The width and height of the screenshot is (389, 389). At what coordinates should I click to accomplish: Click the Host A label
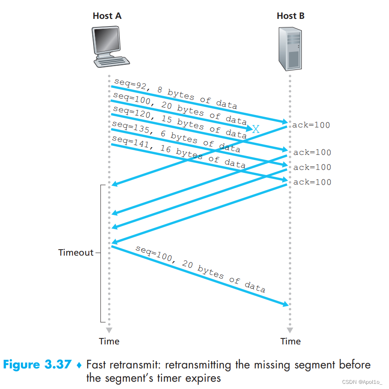coord(107,16)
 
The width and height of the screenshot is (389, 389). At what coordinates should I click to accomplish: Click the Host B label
coord(290,16)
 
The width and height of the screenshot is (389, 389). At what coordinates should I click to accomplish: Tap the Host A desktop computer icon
coord(110,47)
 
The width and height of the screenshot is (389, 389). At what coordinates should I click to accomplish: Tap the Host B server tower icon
coord(290,49)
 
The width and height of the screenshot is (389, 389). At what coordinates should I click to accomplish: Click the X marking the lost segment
coord(256,129)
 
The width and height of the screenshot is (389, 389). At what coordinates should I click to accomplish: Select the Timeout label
coord(76,253)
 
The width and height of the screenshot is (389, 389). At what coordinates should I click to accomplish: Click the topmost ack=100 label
coord(311,125)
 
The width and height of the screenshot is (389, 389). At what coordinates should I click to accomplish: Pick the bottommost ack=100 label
coord(312,182)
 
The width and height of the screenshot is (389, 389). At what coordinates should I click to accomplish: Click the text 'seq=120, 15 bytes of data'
coord(180,122)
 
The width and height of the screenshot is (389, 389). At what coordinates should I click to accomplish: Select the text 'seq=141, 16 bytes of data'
coord(179,152)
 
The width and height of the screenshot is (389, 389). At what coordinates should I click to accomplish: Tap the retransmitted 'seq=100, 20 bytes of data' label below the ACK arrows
coord(201,269)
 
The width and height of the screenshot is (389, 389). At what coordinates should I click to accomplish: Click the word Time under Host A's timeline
coord(109,341)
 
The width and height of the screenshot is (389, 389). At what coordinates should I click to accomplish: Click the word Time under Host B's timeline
coord(290,341)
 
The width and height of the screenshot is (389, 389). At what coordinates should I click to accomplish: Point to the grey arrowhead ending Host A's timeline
coord(109,330)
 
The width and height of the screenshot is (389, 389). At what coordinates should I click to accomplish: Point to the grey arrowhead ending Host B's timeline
coord(290,330)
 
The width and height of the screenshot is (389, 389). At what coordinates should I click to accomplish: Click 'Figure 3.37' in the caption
coord(37,365)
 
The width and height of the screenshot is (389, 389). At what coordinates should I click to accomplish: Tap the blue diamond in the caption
coord(79,365)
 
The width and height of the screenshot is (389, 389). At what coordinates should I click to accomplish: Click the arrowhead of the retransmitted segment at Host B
coord(286,304)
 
